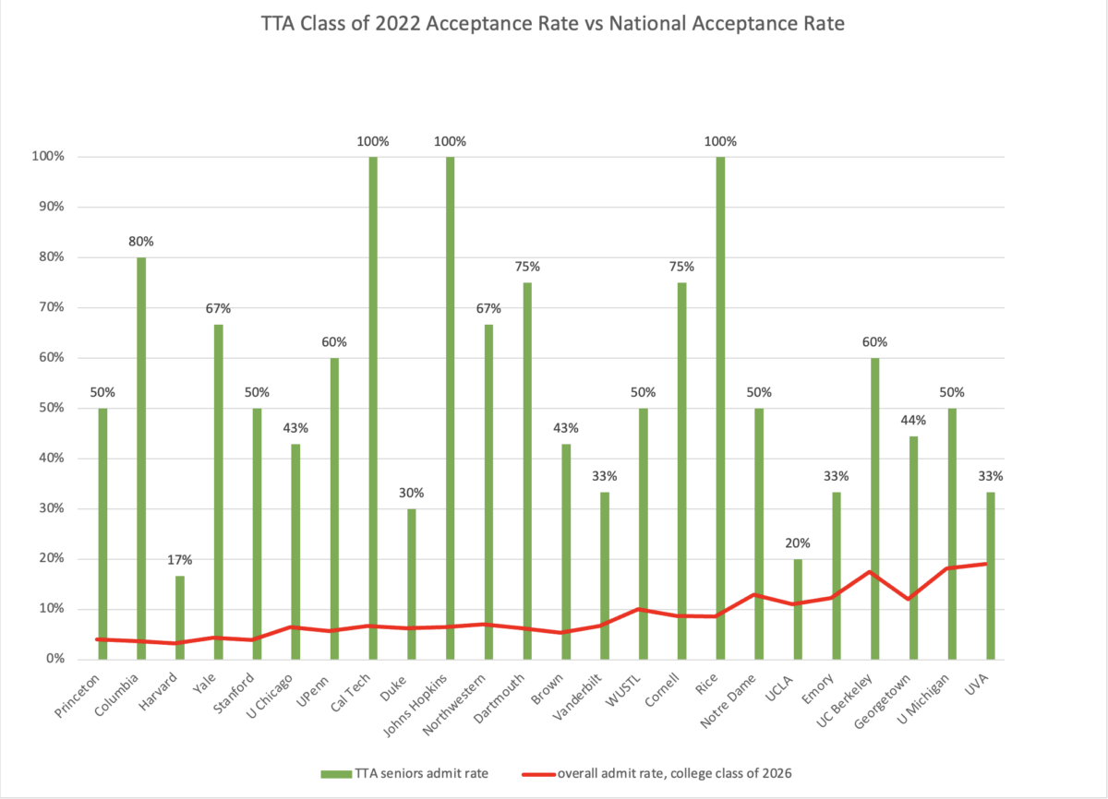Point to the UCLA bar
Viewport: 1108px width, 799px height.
[797, 609]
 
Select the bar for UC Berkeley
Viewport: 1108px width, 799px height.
[874, 508]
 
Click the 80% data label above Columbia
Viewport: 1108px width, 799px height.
[141, 242]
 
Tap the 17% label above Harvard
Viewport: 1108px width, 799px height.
[180, 560]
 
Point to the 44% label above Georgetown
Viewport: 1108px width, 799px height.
[913, 420]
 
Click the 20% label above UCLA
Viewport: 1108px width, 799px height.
[797, 543]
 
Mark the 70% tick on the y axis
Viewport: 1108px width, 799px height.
[48, 307]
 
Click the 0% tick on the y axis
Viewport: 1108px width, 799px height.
[52, 659]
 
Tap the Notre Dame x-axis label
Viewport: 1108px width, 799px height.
[740, 698]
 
